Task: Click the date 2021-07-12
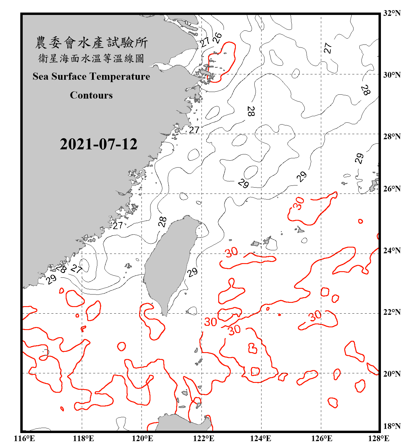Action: pyautogui.click(x=99, y=144)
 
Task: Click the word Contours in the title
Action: pyautogui.click(x=91, y=95)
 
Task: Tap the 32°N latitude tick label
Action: pyautogui.click(x=392, y=13)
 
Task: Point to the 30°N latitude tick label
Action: pyautogui.click(x=392, y=75)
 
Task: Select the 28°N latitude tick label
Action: pyautogui.click(x=392, y=136)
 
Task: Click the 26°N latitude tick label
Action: pyautogui.click(x=392, y=189)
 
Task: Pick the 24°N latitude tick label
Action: pyautogui.click(x=392, y=250)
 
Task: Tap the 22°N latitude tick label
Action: pyautogui.click(x=392, y=312)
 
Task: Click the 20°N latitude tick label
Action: pyautogui.click(x=392, y=374)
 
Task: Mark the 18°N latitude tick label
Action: pyautogui.click(x=392, y=426)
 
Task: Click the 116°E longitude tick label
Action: pyautogui.click(x=24, y=438)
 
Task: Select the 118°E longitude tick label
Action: pyautogui.click(x=83, y=438)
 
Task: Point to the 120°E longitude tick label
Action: pyautogui.click(x=142, y=438)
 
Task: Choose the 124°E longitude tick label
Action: pyautogui.click(x=261, y=438)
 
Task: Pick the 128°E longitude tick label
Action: pyautogui.click(x=379, y=438)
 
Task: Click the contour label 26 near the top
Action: pyautogui.click(x=217, y=38)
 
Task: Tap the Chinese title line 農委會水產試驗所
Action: pyautogui.click(x=91, y=43)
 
